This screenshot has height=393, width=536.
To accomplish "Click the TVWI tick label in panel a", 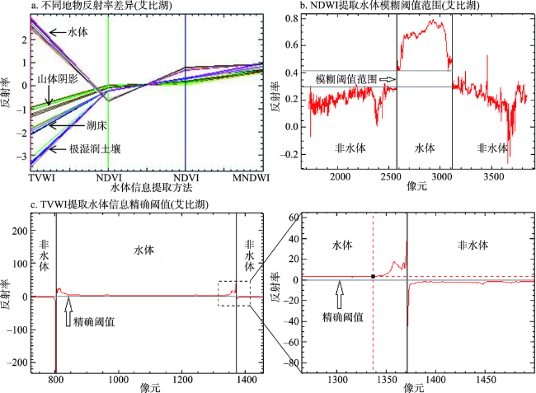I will pos(41,178).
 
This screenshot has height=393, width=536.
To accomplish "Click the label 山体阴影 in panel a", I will pos(59,77).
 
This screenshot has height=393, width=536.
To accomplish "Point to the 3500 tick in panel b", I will pos(494,176).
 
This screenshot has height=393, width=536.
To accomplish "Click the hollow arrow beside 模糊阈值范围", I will pos(386,79).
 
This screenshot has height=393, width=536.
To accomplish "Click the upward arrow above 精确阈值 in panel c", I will pos(67,314).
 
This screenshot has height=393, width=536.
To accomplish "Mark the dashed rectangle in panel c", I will pos(234,293).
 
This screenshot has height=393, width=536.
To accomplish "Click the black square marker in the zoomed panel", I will pos(374,276).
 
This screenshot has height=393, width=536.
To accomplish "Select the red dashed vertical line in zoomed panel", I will pos(374,330).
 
